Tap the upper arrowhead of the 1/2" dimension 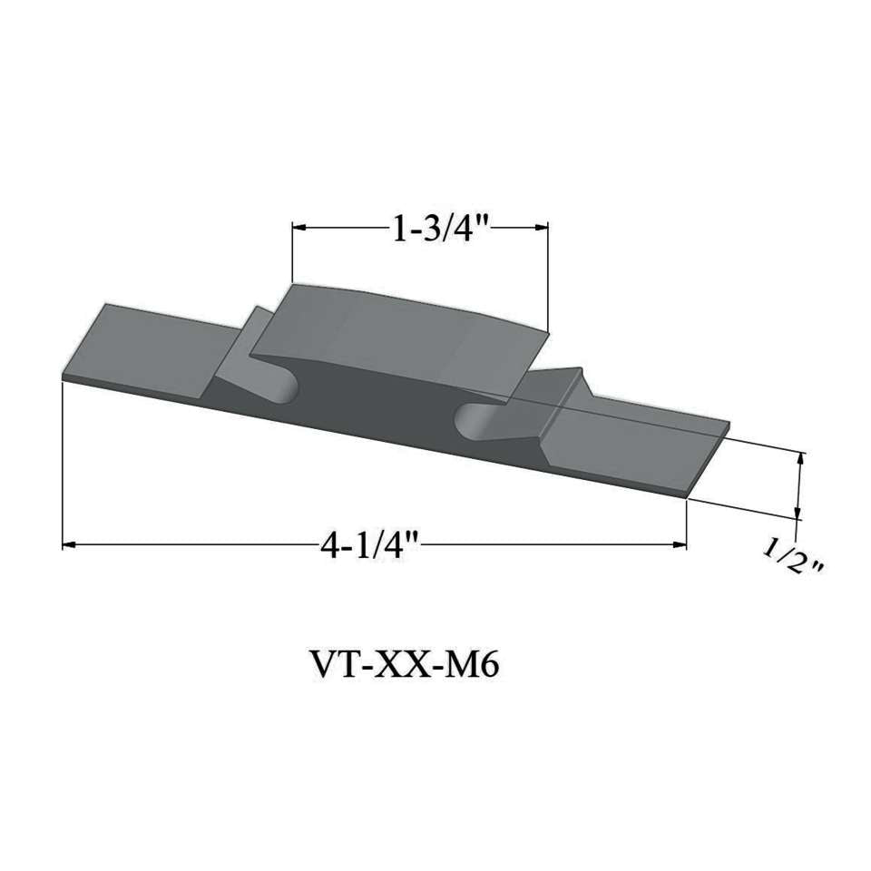(799, 459)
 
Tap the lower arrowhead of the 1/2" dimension (798, 514)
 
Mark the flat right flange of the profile (635, 449)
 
